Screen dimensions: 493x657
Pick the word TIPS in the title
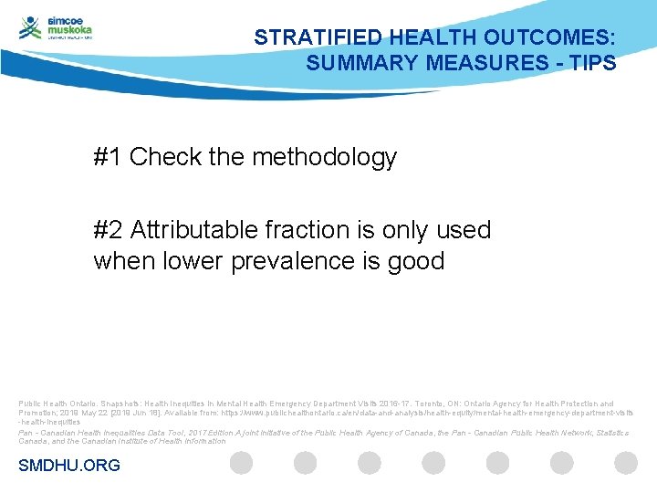pos(594,64)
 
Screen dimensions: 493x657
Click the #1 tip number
pos(108,157)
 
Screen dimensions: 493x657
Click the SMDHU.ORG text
pos(69,466)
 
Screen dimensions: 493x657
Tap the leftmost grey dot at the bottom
pos(241,463)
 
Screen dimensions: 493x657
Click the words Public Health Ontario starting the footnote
pos(53,404)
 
